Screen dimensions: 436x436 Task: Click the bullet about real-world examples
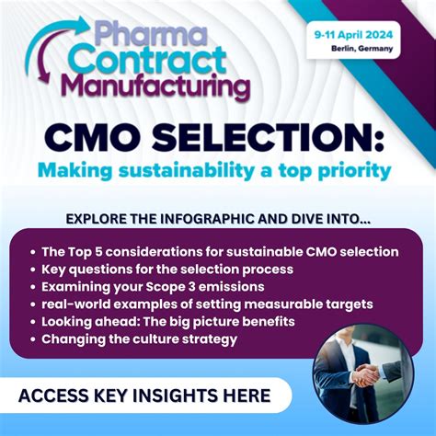tap(208, 304)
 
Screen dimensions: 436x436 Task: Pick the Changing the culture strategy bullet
tap(139, 338)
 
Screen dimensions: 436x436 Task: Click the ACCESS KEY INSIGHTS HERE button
tap(145, 396)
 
